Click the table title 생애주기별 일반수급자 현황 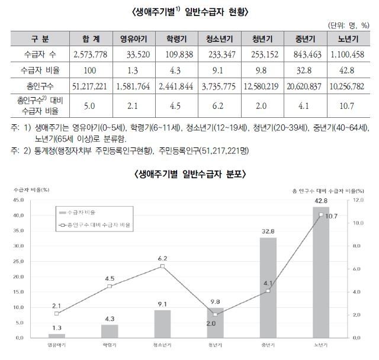pyautogui.click(x=189, y=11)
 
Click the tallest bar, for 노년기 pyautogui.click(x=321, y=272)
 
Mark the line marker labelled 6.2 pyautogui.click(x=162, y=266)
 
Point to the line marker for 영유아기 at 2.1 pyautogui.click(x=57, y=313)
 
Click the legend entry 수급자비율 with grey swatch pyautogui.click(x=76, y=211)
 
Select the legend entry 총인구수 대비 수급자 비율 pyautogui.click(x=95, y=226)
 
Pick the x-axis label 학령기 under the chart pyautogui.click(x=110, y=345)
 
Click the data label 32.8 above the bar pyautogui.click(x=268, y=232)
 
